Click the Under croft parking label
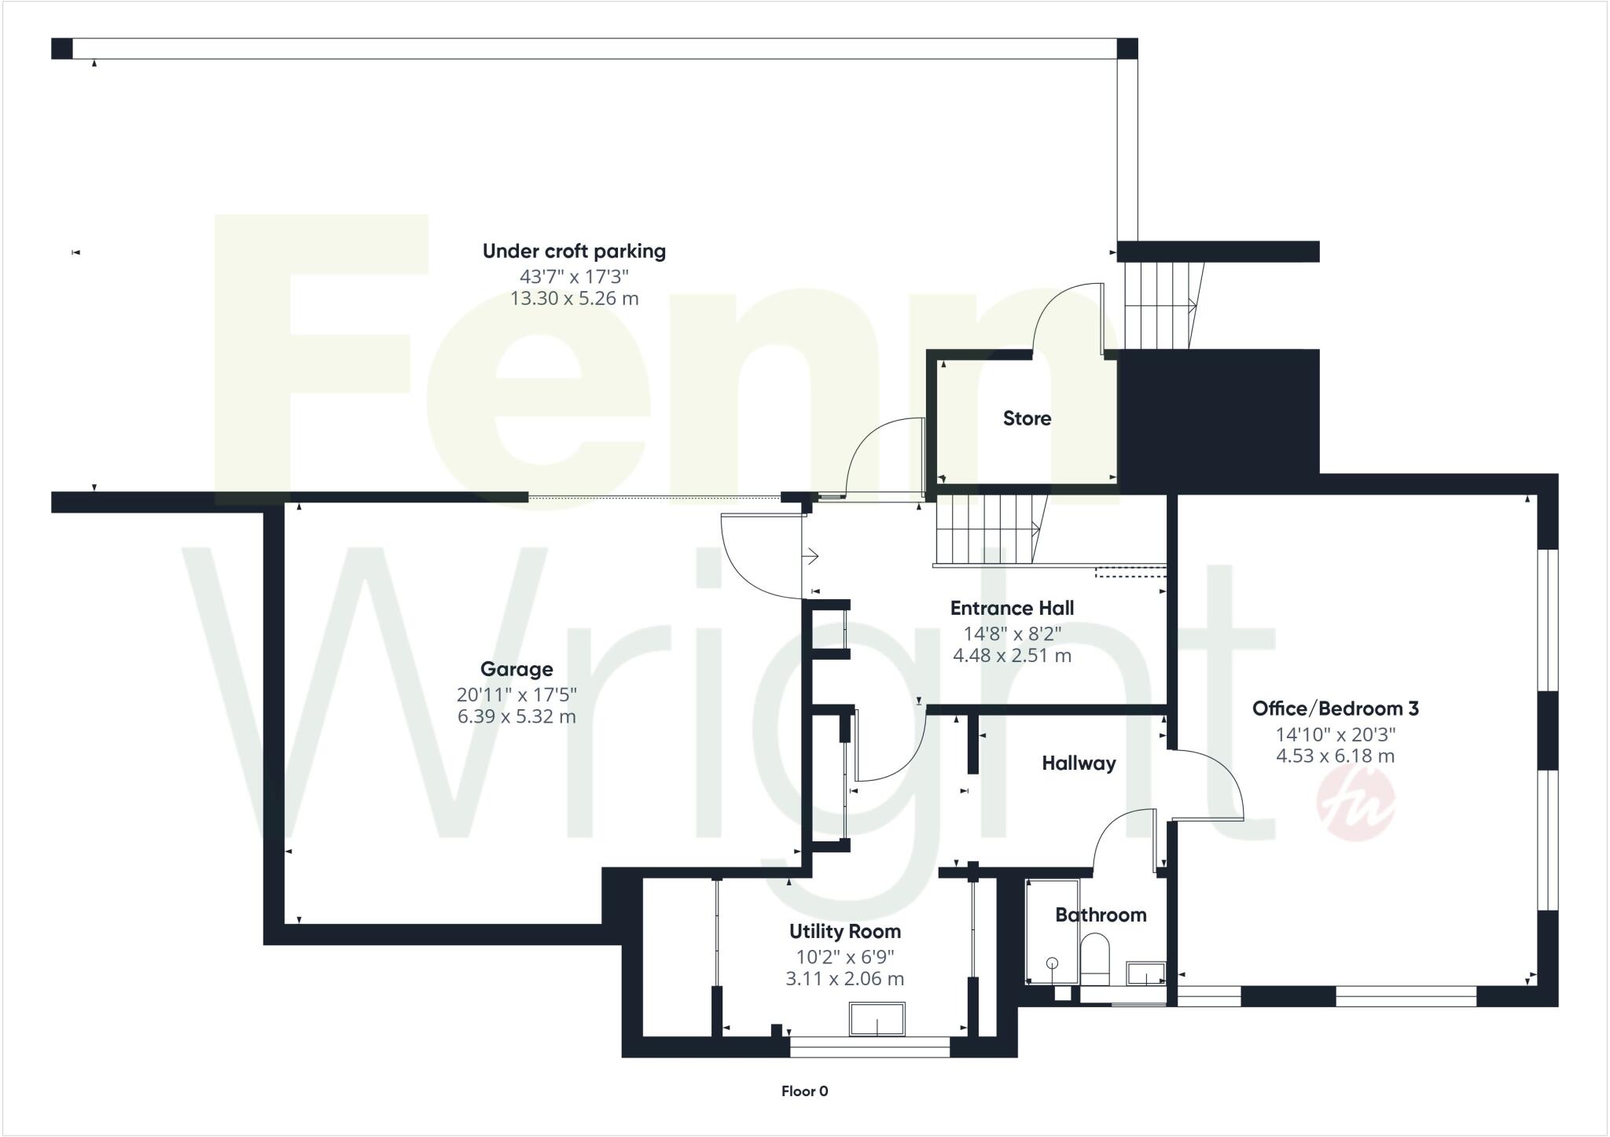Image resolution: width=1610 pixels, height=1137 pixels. tap(574, 252)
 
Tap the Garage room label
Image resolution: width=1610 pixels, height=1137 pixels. tap(516, 669)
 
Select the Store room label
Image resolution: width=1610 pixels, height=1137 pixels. tap(1027, 418)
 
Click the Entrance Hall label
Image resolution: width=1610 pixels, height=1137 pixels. tap(1012, 608)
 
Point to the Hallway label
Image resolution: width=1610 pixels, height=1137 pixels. tap(1079, 763)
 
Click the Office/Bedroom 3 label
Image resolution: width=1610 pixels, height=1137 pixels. tap(1335, 708)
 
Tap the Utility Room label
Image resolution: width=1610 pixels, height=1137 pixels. tap(845, 932)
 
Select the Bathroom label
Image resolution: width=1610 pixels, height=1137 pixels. tap(1100, 914)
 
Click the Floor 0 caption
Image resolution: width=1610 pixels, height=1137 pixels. tap(804, 1091)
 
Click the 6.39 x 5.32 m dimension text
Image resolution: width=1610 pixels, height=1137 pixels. tap(516, 716)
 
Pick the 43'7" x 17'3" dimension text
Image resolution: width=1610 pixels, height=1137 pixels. tap(574, 276)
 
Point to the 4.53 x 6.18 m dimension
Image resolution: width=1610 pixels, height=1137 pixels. tap(1335, 756)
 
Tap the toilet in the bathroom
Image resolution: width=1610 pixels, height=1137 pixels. tap(1094, 958)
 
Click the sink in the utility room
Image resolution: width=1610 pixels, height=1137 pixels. tap(877, 1019)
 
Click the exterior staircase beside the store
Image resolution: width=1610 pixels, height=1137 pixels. tap(1159, 305)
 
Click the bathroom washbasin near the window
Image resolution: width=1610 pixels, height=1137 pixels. tap(1145, 974)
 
